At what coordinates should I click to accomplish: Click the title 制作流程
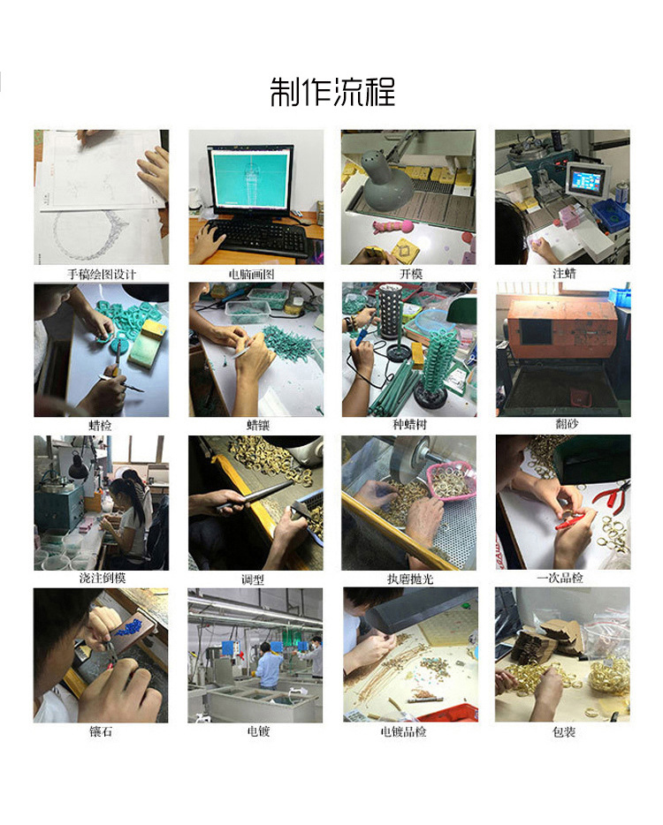point(332,92)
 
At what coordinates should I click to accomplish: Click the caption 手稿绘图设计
point(102,274)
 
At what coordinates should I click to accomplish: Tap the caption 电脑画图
point(255,274)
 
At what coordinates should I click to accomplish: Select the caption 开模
point(409,274)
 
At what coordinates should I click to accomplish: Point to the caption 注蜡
point(563,274)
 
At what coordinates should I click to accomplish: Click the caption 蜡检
point(102,426)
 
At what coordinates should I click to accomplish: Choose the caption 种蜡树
point(409,426)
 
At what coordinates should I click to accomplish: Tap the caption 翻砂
point(563,426)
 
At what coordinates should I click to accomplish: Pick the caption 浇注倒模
point(102,579)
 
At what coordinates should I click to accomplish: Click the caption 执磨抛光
point(409,579)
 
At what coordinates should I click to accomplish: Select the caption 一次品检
point(563,579)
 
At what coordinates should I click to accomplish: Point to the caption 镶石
point(102,731)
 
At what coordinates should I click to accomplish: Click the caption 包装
point(563,731)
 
